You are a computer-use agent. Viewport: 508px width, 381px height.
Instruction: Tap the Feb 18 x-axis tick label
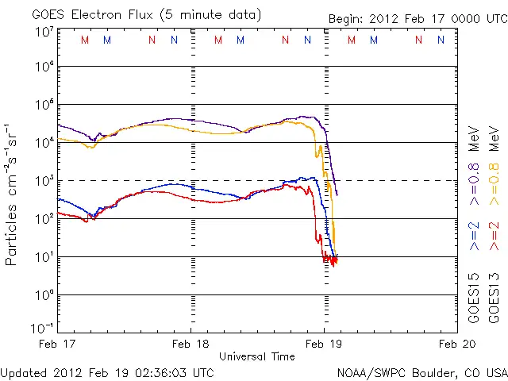click(x=190, y=344)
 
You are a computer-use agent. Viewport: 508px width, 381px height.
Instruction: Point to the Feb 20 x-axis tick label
click(x=456, y=344)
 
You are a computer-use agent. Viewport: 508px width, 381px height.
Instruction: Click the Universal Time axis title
click(x=257, y=356)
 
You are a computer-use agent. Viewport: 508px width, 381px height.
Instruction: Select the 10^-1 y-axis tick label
click(x=44, y=328)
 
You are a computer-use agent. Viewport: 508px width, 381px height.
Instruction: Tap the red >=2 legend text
click(x=494, y=236)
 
